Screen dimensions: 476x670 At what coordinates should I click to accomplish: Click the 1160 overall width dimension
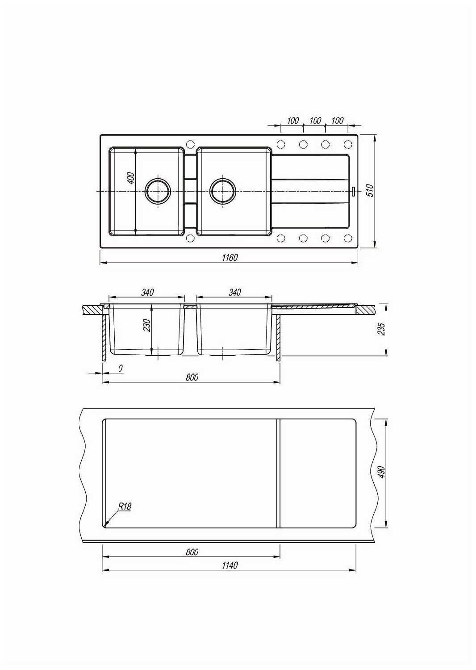(x=230, y=258)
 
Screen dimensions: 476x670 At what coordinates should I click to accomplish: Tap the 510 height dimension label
(x=370, y=191)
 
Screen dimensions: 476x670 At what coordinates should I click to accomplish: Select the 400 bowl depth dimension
(x=131, y=178)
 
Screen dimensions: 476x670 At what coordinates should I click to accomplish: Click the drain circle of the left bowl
(x=158, y=191)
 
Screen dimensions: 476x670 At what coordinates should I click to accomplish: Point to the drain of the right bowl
(x=223, y=191)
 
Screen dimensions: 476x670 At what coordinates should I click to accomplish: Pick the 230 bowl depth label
(x=147, y=326)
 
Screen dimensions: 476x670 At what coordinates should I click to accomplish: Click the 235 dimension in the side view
(x=382, y=329)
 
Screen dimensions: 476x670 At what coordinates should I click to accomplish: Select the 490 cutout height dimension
(x=382, y=472)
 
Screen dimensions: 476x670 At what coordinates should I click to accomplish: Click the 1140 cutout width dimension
(x=230, y=565)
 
